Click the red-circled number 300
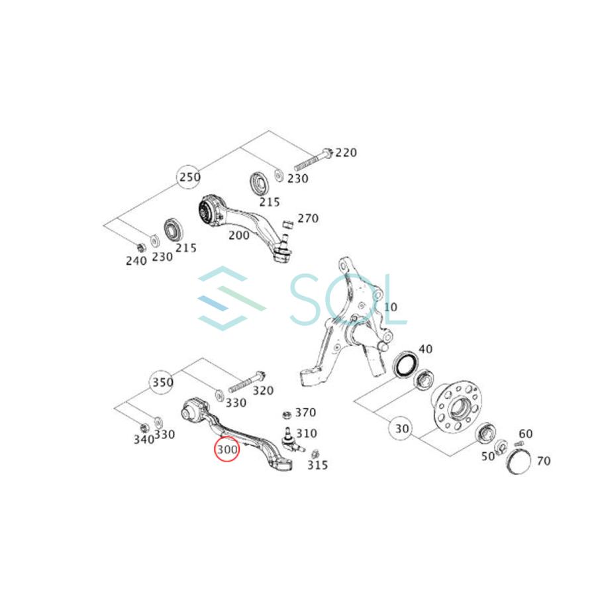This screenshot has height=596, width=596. coord(227,450)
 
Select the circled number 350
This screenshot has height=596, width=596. coord(162,382)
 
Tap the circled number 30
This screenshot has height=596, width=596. coord(402,428)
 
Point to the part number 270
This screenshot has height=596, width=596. coord(307,218)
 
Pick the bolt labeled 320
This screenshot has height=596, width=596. coord(246,382)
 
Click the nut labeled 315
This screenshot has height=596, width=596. coord(315,454)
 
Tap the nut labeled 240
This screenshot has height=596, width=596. coord(140,248)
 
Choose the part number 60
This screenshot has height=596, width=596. coord(526,434)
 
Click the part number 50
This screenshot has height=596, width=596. coord(488,456)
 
